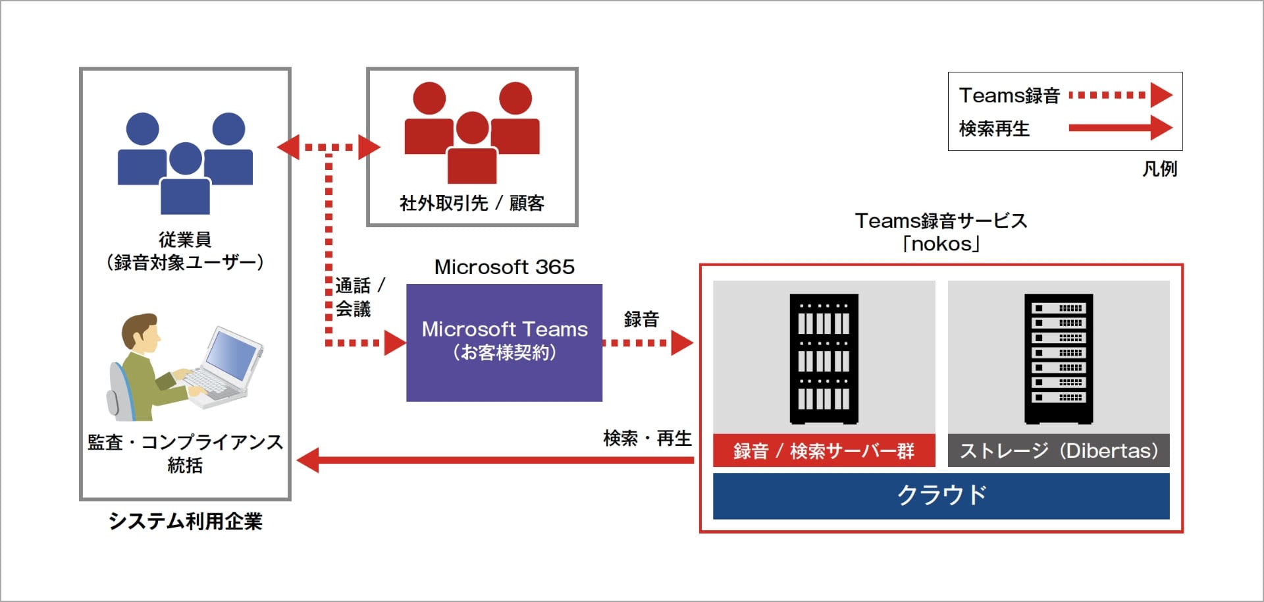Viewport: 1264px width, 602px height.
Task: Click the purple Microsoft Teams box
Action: [504, 342]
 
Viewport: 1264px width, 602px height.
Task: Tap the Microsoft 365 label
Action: [504, 267]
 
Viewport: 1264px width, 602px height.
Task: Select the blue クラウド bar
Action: [941, 495]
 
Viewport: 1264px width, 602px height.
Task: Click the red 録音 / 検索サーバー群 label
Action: [824, 451]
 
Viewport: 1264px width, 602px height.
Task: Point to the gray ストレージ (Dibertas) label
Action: [1058, 451]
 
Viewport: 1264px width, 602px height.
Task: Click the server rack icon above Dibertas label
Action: [1058, 358]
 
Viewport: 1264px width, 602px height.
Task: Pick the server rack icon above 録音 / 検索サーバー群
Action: [824, 358]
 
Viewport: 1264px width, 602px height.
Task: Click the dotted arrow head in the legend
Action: [1161, 95]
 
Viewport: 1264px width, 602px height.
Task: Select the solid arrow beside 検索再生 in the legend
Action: [1119, 128]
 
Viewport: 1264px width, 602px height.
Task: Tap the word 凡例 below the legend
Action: [1159, 169]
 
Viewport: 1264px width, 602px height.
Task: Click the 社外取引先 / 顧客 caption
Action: [471, 203]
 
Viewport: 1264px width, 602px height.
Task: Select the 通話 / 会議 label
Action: [359, 297]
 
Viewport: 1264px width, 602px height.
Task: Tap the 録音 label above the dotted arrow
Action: [641, 319]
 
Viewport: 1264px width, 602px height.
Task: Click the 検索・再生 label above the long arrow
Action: [647, 438]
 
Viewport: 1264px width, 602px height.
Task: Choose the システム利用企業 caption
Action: [185, 521]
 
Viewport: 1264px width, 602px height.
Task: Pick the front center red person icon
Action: [472, 149]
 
